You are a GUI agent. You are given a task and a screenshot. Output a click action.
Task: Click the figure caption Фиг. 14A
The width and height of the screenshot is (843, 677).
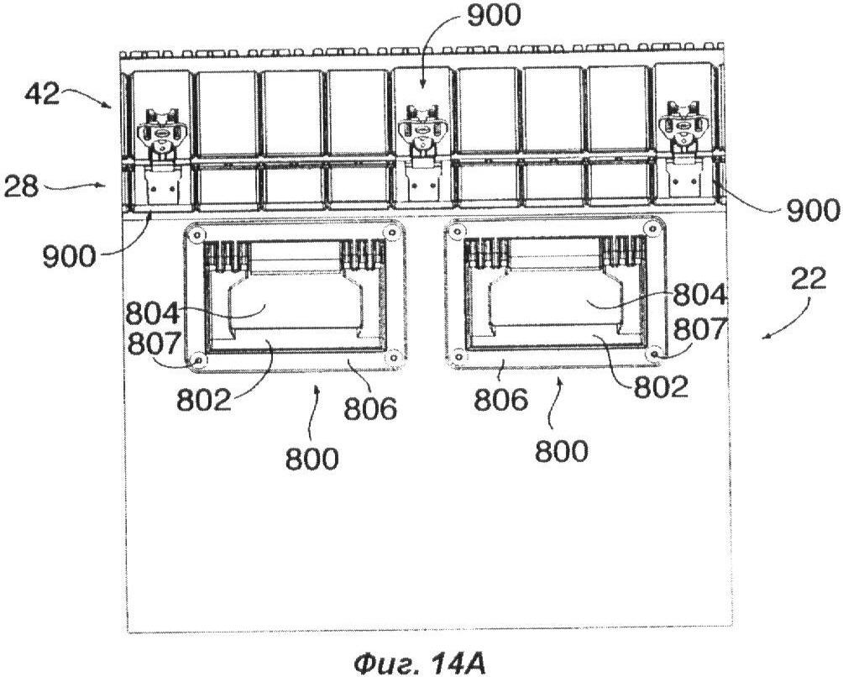[419, 664]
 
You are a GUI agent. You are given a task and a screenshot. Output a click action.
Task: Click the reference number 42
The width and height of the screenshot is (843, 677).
[41, 94]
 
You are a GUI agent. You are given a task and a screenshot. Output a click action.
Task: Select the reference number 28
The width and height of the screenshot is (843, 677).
[22, 186]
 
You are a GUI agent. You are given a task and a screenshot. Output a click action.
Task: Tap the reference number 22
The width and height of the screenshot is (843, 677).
[808, 279]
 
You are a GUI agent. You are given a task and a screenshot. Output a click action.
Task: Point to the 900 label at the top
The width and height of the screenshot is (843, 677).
[494, 15]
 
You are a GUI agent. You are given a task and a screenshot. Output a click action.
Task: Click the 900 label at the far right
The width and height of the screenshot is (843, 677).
[813, 210]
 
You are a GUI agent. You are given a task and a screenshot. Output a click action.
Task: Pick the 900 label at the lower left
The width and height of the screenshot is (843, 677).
[70, 256]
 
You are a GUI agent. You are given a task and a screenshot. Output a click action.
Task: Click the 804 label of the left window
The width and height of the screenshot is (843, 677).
[153, 313]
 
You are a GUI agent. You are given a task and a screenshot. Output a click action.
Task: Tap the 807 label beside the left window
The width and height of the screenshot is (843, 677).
[153, 343]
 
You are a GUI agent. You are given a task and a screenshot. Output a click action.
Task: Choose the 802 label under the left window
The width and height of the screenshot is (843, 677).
[204, 399]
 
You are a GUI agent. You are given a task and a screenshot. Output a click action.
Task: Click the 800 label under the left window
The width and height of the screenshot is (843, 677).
[312, 459]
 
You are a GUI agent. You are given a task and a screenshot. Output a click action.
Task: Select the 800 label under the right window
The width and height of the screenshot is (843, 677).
[562, 450]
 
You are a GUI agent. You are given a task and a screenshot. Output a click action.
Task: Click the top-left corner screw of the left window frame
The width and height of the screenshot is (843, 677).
[196, 234]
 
